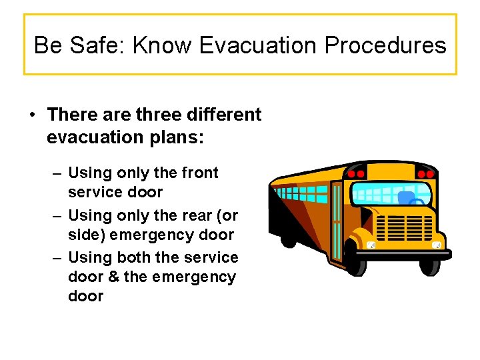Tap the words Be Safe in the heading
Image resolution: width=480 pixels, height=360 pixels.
pos(79,45)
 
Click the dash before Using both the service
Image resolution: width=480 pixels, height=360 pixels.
pos(57,258)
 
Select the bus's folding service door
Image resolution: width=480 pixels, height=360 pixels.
pos(337,220)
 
